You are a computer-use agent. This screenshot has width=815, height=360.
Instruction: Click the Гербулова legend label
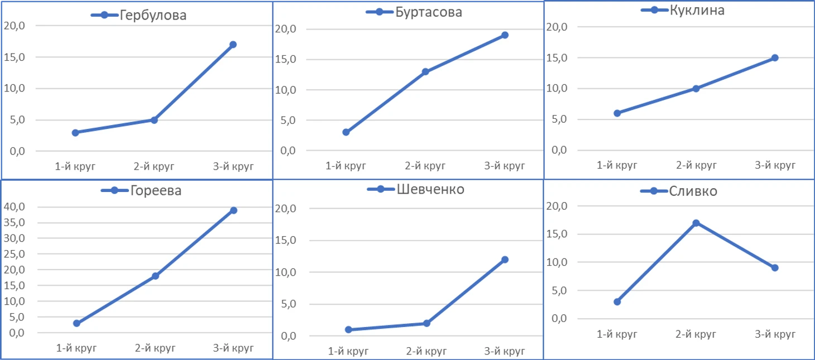coord(152,15)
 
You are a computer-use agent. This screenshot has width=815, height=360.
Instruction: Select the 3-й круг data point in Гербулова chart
coord(233,45)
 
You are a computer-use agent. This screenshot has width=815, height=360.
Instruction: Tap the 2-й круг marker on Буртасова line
coord(425,72)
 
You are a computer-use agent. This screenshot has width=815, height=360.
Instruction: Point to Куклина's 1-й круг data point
coord(617,113)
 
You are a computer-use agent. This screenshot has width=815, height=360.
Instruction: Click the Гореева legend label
coord(156,190)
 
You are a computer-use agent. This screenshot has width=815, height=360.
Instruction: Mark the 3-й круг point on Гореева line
coord(233,210)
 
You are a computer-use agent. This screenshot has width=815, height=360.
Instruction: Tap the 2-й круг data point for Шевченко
coord(426,324)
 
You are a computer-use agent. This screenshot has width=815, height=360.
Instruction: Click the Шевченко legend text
coord(430,189)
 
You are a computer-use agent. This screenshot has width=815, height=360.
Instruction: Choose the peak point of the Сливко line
coord(696,223)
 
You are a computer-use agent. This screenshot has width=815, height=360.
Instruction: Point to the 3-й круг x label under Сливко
coord(775,334)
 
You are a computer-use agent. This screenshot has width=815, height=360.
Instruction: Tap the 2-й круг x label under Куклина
coord(696,165)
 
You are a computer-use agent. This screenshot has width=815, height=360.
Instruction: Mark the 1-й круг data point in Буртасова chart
coord(346,132)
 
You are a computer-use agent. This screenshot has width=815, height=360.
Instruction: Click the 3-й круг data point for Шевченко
coord(505,260)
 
